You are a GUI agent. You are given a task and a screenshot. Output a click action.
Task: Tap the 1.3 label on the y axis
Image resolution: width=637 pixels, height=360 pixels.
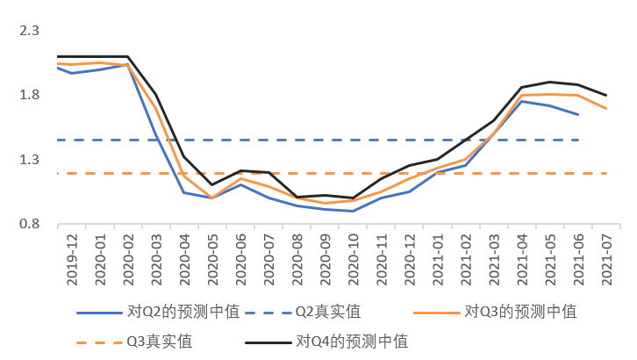[x=29, y=160]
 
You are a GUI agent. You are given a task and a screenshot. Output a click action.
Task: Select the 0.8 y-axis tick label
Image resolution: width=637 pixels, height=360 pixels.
[x=29, y=225]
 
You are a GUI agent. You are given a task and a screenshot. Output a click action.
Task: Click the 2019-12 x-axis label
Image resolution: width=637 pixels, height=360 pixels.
[x=72, y=258]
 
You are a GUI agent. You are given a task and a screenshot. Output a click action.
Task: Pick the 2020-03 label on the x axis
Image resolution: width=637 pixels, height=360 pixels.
[x=156, y=258]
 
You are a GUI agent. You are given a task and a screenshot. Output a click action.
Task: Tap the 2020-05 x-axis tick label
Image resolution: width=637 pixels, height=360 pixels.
[x=212, y=258]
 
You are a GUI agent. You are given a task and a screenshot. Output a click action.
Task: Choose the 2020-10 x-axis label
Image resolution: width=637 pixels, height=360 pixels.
[x=353, y=258]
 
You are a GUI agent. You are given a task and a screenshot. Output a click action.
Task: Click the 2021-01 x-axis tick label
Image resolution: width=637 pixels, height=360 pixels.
[x=437, y=258]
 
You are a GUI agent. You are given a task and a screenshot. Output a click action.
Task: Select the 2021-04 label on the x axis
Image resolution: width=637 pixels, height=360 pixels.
[x=521, y=258]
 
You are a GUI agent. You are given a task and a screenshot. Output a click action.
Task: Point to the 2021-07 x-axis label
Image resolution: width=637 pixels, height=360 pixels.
[x=605, y=258]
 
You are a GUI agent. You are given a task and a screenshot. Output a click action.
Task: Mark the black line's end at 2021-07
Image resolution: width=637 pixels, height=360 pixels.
[x=606, y=95]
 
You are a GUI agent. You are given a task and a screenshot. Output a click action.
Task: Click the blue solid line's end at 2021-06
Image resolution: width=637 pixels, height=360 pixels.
[x=578, y=114]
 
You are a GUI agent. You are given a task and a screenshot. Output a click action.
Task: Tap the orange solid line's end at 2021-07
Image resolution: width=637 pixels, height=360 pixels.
[x=606, y=109]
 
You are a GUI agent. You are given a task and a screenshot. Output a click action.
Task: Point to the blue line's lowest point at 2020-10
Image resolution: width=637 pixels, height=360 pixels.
[x=354, y=211]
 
